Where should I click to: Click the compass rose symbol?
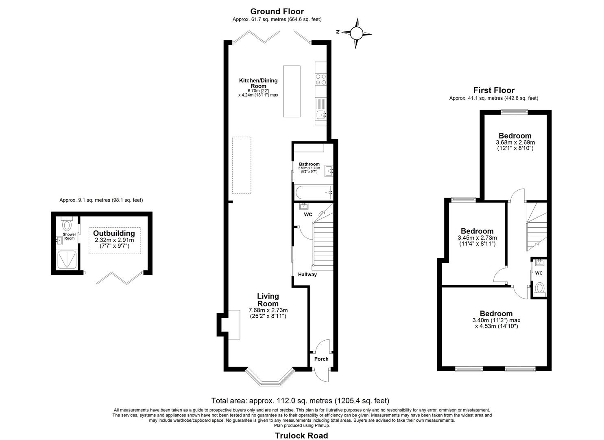[x=356, y=33]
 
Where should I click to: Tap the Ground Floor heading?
[x=277, y=11]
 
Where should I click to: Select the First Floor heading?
[x=493, y=90]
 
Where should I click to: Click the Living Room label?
[x=268, y=300]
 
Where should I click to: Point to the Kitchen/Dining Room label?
[x=258, y=83]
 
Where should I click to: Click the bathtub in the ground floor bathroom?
[x=313, y=192]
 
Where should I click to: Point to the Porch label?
[x=321, y=359]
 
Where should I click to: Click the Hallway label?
[x=307, y=275]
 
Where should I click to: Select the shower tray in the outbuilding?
[x=66, y=260]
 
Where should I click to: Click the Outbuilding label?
[x=114, y=233]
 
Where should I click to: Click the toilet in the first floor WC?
[x=539, y=288]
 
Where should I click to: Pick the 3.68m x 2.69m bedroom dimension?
[x=515, y=143]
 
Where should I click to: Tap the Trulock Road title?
[x=301, y=436]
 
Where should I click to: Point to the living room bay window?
[x=270, y=378]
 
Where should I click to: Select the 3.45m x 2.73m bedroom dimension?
[x=477, y=238]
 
